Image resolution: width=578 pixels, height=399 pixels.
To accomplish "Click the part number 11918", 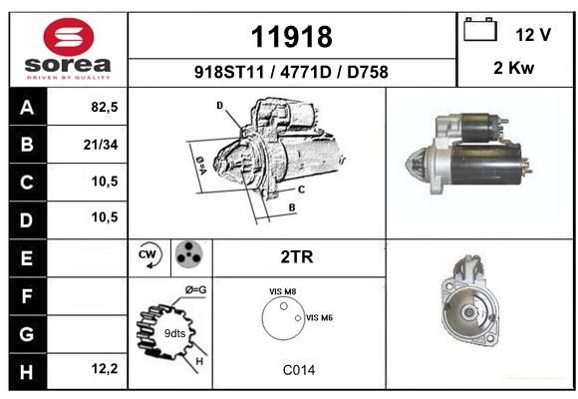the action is point(292,37).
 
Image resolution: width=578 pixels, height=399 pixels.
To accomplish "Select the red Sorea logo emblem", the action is point(69,37).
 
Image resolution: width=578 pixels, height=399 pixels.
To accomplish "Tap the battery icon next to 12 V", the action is point(480,29).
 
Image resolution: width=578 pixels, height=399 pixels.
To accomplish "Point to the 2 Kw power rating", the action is point(513,68).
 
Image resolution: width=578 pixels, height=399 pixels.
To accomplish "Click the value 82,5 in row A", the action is point(105,107).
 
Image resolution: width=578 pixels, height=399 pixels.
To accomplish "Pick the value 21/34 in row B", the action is point(101,145).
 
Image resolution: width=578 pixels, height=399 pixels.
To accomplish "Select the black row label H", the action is point(28,372).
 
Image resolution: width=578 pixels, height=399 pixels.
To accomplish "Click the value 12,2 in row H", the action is point(105,368).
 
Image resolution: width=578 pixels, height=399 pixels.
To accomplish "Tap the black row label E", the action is point(28,258).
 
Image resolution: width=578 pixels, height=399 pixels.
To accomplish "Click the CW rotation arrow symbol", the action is point(150,255).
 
